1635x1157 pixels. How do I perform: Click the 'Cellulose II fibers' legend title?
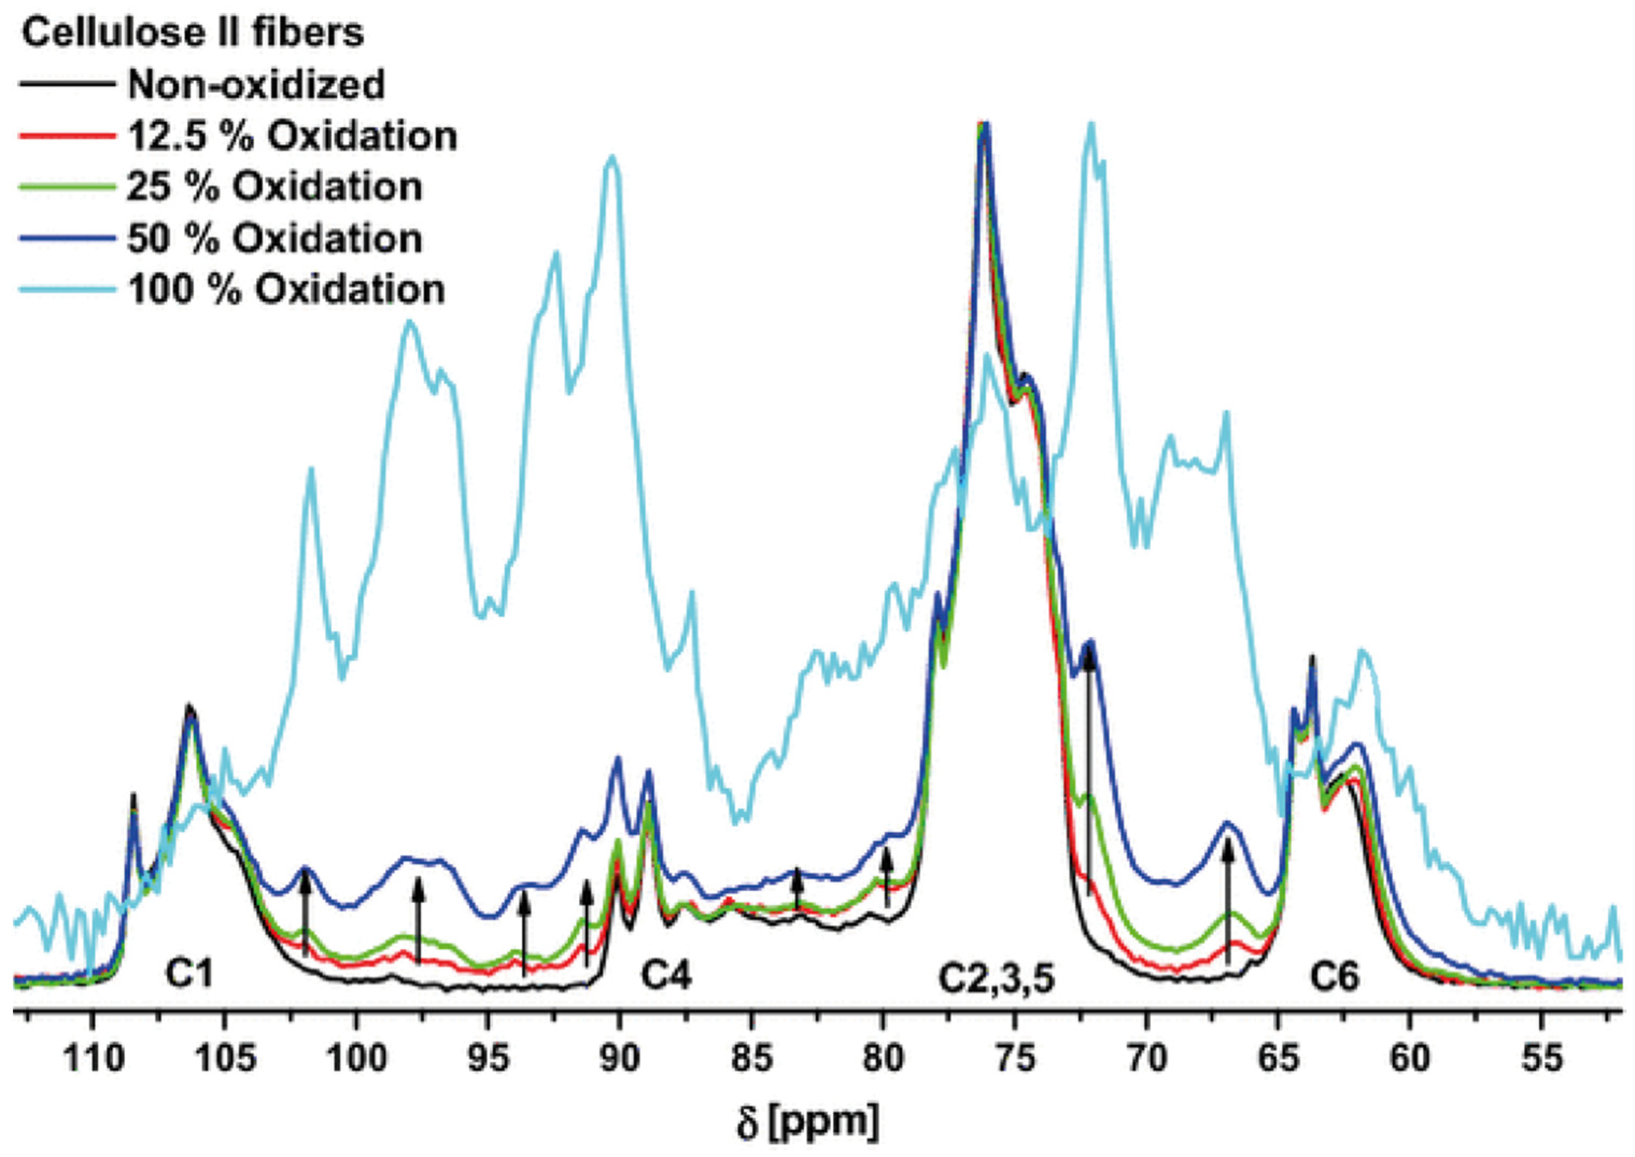point(193,33)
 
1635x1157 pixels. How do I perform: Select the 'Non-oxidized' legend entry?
point(256,85)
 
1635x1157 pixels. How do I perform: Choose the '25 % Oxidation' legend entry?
point(274,187)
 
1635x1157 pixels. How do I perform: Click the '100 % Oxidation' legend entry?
point(286,290)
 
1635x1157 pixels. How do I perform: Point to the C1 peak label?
point(189,974)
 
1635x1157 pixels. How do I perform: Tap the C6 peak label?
point(1334,977)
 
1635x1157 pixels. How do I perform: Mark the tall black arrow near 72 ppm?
point(1088,769)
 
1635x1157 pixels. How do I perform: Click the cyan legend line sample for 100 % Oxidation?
point(68,290)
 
